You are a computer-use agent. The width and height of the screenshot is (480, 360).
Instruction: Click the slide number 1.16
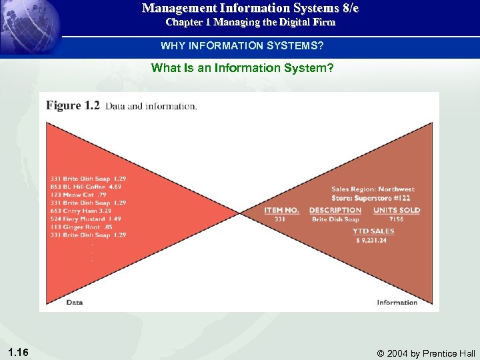coord(19,351)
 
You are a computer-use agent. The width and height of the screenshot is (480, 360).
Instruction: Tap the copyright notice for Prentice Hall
coord(426,353)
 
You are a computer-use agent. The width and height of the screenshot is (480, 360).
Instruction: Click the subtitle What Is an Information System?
coord(242,67)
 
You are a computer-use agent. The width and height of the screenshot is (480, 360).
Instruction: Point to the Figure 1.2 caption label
coord(72,105)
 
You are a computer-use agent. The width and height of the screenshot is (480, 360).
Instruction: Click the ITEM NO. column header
coord(281,210)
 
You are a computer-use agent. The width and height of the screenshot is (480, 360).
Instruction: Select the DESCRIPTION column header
coord(335,210)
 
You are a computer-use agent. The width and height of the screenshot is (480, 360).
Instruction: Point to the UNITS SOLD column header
coord(397,210)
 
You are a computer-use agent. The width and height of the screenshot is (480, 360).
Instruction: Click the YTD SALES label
coord(373,231)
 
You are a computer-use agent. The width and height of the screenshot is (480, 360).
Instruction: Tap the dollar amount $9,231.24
coord(371,240)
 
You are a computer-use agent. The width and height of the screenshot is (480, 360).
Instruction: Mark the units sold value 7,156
coord(396,219)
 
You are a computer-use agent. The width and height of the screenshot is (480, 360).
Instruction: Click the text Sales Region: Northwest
coord(373,189)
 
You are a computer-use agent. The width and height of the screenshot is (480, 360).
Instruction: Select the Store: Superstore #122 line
coord(371,198)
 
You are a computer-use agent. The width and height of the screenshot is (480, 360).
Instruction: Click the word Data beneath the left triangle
coord(75,302)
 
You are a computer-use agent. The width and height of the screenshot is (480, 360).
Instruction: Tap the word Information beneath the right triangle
coord(397,302)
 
